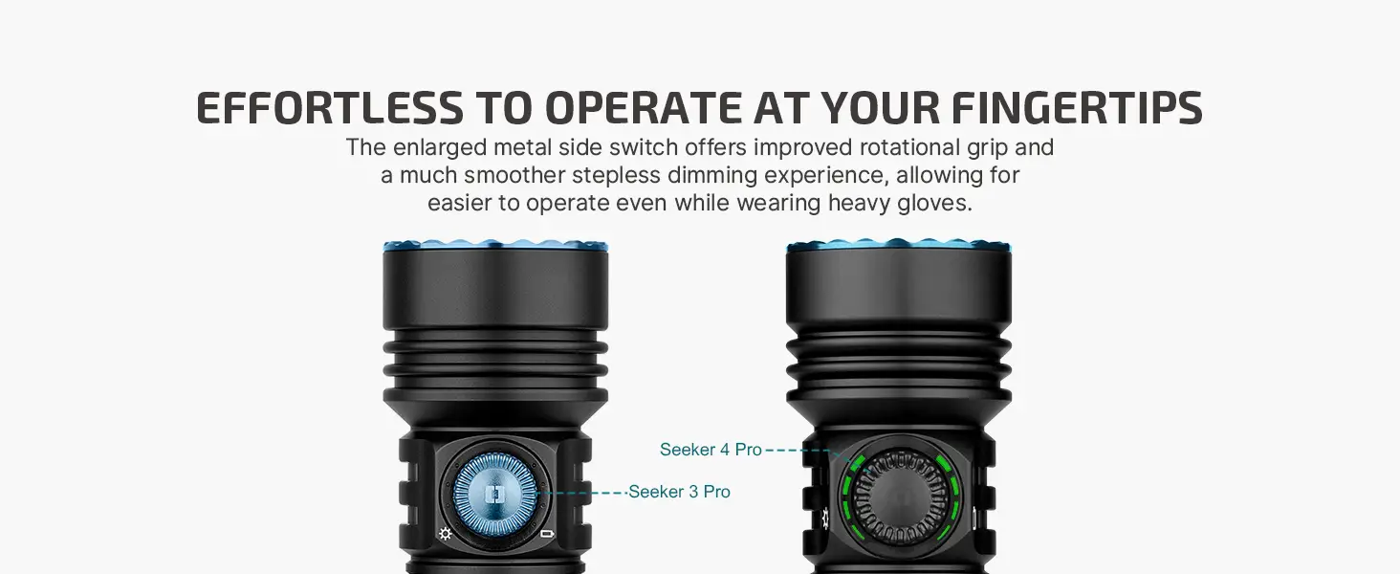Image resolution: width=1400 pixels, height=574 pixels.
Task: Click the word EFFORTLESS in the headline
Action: (x=330, y=108)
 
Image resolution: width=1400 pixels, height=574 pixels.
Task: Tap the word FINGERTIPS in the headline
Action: (x=1077, y=108)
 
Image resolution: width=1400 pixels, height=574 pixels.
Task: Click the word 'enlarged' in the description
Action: (x=439, y=148)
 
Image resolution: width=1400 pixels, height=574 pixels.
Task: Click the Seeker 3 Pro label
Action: (x=679, y=492)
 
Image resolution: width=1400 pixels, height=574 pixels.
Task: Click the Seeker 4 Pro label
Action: (x=711, y=450)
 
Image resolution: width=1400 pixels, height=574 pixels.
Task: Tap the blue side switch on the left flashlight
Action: (x=494, y=494)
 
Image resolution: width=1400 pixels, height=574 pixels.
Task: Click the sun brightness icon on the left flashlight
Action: (x=445, y=534)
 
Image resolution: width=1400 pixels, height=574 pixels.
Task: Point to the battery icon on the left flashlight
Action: (x=547, y=534)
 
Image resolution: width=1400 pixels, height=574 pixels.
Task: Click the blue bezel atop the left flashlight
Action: (x=495, y=245)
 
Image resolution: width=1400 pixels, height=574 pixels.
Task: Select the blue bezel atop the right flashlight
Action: (x=899, y=245)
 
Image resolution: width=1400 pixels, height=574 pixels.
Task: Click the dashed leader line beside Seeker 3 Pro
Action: (x=581, y=493)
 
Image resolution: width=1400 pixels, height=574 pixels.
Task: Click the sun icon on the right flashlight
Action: (x=825, y=518)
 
